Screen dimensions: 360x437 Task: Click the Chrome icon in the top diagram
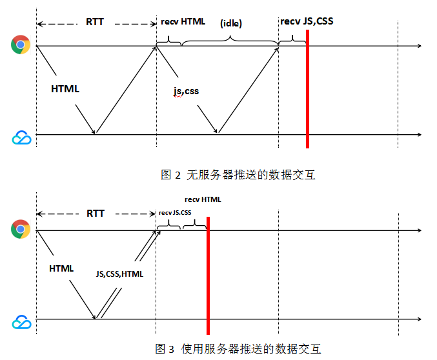tap(21, 45)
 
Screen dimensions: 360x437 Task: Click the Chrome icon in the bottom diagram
tap(21, 229)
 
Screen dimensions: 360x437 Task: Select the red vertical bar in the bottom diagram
tap(208, 274)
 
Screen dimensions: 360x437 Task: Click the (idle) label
tap(230, 23)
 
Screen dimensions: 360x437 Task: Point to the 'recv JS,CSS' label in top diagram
tap(307, 21)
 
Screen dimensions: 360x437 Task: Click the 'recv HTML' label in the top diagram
tap(183, 21)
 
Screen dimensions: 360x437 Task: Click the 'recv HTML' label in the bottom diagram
tap(203, 199)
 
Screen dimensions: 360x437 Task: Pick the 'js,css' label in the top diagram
tap(186, 91)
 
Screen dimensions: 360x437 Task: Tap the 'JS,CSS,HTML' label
tap(119, 274)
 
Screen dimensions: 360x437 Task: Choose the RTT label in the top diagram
tap(94, 21)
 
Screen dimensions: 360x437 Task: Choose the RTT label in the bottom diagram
tap(95, 212)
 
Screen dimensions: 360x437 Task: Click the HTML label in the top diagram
tap(65, 89)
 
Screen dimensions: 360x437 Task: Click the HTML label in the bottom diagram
tap(61, 268)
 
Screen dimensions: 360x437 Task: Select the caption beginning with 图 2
tap(238, 174)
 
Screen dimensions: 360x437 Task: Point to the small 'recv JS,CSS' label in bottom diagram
tap(175, 212)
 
